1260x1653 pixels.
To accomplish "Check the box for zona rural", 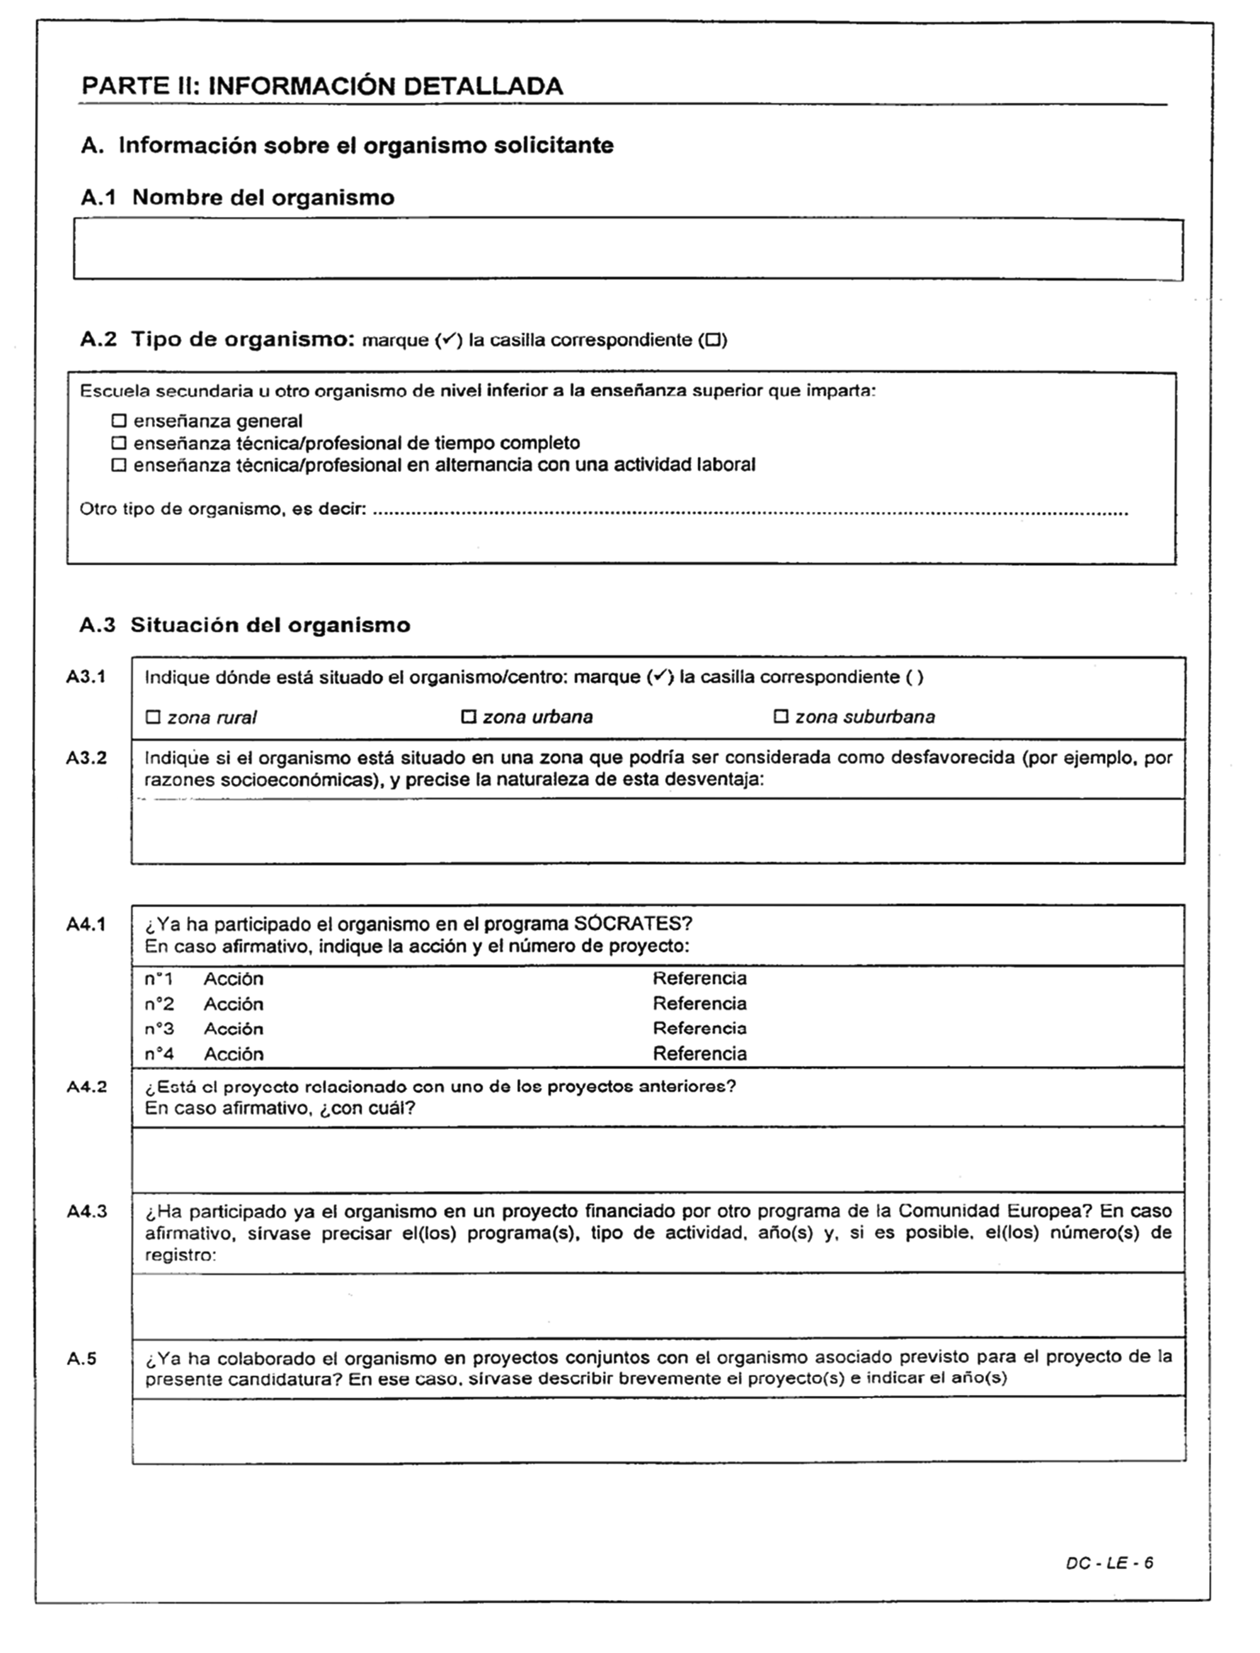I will click(153, 717).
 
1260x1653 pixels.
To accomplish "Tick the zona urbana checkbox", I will click(469, 717).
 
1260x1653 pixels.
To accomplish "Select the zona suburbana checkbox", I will click(781, 717).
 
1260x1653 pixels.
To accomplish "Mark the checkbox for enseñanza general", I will click(118, 421).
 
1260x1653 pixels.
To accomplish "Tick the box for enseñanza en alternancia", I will click(118, 465).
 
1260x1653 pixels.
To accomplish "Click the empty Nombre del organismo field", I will click(627, 249).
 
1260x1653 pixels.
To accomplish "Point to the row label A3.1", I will click(86, 677).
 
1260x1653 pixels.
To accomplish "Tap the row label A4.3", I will click(87, 1212).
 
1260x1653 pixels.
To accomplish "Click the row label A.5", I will click(82, 1358).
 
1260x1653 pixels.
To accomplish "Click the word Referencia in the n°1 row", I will click(699, 979).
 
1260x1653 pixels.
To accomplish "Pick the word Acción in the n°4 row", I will click(233, 1054).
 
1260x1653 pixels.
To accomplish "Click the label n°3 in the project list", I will click(159, 1028).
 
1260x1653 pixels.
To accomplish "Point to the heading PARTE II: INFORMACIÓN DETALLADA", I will click(322, 86).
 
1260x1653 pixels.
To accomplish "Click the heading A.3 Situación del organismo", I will click(244, 625).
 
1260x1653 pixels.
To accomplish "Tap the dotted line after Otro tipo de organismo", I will click(750, 513).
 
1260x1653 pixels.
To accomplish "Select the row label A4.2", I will click(87, 1087).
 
